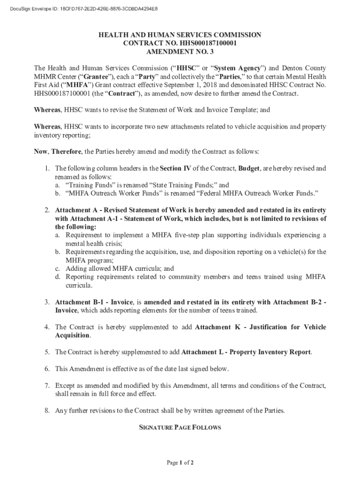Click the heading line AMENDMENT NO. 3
click(180, 51)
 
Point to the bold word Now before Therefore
click(41, 152)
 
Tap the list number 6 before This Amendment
click(47, 369)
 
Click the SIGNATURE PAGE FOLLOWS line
click(180, 428)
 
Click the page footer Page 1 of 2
click(180, 463)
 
